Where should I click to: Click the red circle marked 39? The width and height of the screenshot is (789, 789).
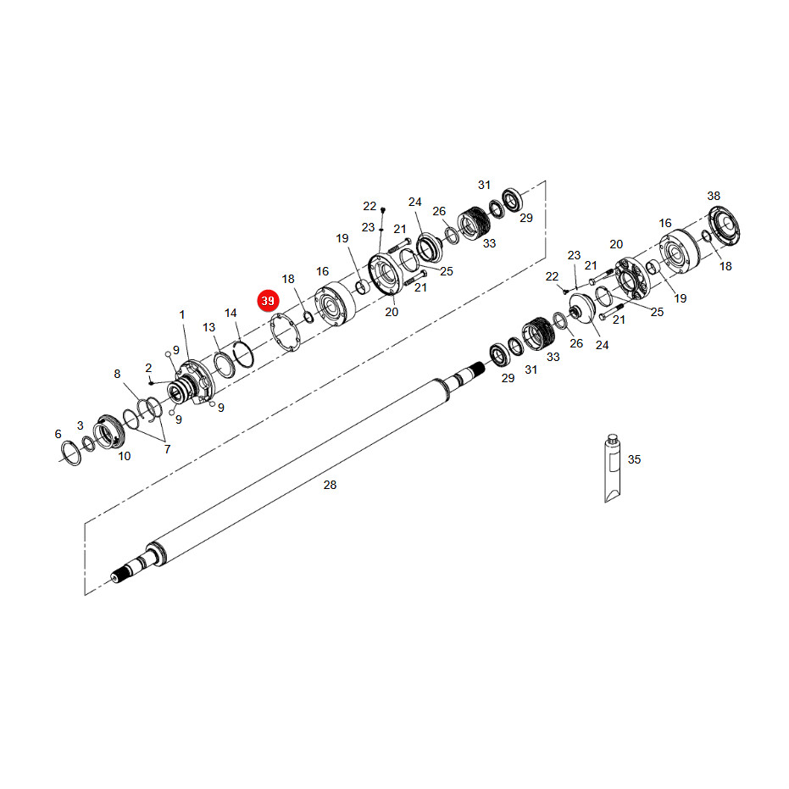pos(268,300)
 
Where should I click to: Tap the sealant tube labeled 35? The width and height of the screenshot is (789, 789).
pos(612,469)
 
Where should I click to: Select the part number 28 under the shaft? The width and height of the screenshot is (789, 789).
pos(330,485)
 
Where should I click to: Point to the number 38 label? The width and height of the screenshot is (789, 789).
pos(714,196)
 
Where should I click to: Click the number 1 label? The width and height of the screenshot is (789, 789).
pos(182,314)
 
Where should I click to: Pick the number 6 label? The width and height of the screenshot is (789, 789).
pos(58,434)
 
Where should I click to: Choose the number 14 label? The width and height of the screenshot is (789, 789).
pos(231,313)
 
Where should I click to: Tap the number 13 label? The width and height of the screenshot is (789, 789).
pos(208,327)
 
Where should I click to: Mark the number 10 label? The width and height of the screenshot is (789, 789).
pos(125,456)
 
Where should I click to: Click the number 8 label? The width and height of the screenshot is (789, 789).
pos(117,374)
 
